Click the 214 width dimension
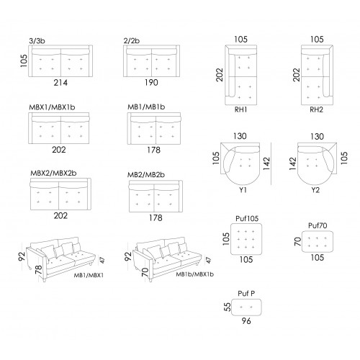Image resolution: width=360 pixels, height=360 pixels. [60, 83]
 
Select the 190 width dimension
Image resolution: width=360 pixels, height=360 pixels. [151, 83]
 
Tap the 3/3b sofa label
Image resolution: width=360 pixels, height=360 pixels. [37, 41]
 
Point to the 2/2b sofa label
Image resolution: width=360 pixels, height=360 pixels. [132, 40]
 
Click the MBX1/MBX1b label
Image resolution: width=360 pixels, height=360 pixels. [52, 107]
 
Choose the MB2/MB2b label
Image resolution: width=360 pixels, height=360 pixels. [146, 175]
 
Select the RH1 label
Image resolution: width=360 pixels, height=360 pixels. [240, 109]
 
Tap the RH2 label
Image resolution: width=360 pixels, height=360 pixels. [317, 109]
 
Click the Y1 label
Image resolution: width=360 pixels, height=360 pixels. [243, 190]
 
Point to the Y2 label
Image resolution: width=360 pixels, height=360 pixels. [315, 190]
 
